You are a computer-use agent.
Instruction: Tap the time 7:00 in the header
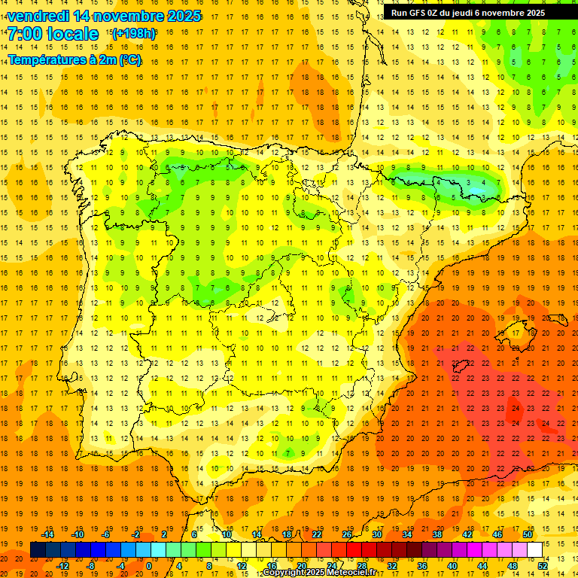tap(25, 34)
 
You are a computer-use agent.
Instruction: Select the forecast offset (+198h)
tap(133, 34)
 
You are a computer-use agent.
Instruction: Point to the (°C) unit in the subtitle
tap(129, 60)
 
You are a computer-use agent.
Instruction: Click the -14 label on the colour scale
tap(48, 534)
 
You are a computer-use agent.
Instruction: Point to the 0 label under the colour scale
tap(148, 566)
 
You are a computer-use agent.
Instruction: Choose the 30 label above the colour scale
tap(376, 534)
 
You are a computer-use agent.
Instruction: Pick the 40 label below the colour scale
tap(452, 566)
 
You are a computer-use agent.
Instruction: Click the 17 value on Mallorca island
tap(516, 333)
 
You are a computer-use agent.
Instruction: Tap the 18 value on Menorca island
tap(561, 318)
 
